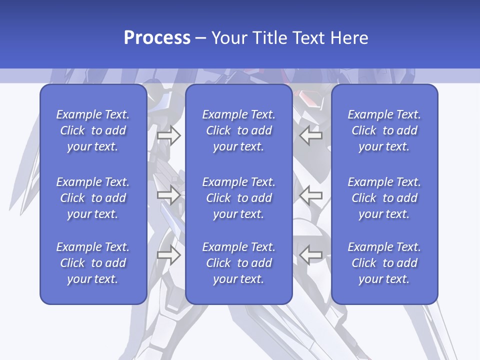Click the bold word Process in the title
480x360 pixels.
pos(157,38)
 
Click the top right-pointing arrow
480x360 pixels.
pos(168,135)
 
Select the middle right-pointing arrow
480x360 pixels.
pos(168,194)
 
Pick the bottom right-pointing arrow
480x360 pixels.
pos(168,255)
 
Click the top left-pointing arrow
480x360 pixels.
pos(310,135)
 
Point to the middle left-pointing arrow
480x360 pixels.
pos(310,194)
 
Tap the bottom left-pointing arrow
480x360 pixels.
pos(310,255)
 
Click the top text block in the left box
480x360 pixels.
pos(93,130)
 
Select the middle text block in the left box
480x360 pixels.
pos(93,198)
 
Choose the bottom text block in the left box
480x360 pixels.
pos(93,263)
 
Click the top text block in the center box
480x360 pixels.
pos(239,130)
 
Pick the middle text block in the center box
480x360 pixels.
pos(239,198)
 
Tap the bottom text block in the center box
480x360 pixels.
pos(239,263)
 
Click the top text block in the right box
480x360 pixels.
pos(384,130)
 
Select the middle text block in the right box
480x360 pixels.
pos(384,198)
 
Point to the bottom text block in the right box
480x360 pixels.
pos(384,263)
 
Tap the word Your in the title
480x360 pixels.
pos(228,38)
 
